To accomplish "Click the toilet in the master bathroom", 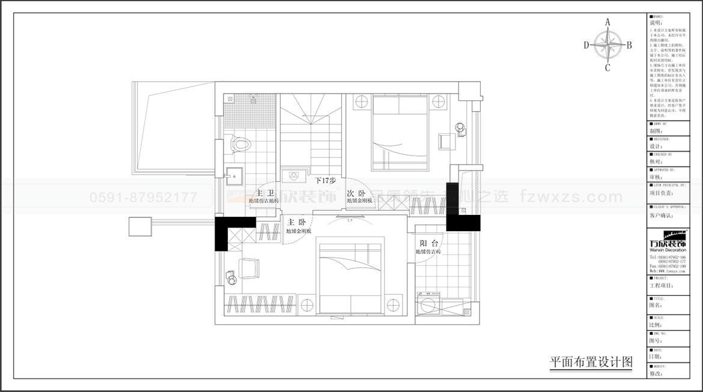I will coord(242,144).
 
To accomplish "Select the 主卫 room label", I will coord(264,193).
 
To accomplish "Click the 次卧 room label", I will coord(356,193).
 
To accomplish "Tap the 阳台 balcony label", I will coord(428,243).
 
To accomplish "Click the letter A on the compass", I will coord(607,22).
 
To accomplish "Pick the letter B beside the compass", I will coord(629,44).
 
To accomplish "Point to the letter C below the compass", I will coord(607,67).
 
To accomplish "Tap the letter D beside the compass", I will coord(586,44).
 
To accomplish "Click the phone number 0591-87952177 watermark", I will coord(143,197).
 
